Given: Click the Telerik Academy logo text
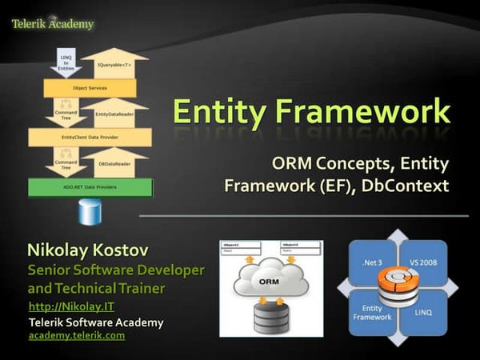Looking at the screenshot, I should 53,23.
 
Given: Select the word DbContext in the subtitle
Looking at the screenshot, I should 408,187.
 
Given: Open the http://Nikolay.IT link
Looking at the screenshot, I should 62,306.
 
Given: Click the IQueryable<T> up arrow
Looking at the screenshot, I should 114,64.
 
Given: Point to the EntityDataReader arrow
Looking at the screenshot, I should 114,113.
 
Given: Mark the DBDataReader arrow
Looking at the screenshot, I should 114,162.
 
